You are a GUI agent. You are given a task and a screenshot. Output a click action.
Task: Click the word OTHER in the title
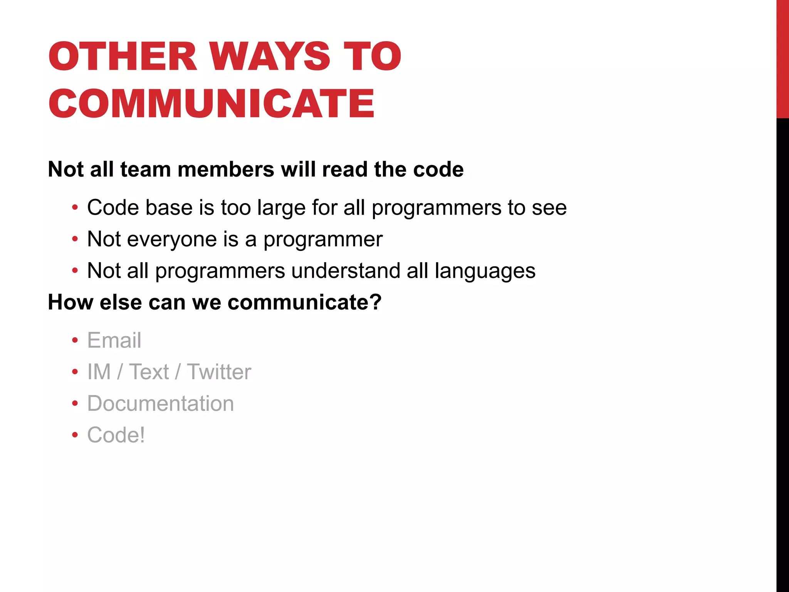123,57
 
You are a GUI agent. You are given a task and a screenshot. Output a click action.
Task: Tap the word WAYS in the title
270,57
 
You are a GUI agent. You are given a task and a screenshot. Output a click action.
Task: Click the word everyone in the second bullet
172,239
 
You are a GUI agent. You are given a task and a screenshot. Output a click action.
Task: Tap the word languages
485,271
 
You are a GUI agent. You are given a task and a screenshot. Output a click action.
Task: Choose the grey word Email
114,340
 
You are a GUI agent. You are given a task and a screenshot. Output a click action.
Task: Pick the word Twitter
219,372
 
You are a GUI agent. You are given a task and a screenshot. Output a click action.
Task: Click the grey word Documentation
161,404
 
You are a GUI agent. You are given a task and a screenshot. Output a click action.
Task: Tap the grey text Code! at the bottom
116,435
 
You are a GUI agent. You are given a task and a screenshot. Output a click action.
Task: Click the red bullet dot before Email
75,340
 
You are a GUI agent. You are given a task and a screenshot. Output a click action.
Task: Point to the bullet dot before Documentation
75,404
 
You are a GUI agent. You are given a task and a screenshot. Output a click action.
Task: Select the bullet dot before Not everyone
75,239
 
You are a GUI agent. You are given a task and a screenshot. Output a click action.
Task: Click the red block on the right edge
782,59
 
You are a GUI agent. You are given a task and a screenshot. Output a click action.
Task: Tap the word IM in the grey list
99,372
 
